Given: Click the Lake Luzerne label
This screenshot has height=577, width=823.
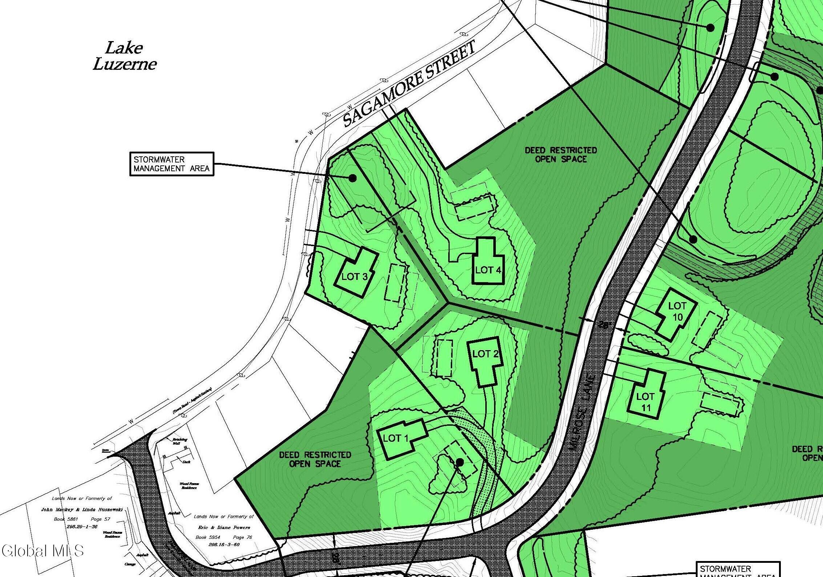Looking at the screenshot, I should click(x=124, y=56).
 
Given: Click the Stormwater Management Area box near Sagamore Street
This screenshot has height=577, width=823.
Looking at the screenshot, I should click(x=172, y=164).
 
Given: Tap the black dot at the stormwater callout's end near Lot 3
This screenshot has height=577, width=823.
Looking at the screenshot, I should click(x=352, y=178).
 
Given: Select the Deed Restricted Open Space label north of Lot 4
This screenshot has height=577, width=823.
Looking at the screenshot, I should click(x=561, y=155).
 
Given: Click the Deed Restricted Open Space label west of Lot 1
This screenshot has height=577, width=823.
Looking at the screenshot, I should click(x=315, y=459).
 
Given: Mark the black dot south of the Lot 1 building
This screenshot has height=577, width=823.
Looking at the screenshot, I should click(x=459, y=462).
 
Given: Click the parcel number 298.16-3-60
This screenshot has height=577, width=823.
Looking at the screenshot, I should click(x=224, y=544).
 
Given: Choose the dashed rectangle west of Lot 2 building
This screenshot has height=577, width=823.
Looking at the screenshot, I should click(x=444, y=358).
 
